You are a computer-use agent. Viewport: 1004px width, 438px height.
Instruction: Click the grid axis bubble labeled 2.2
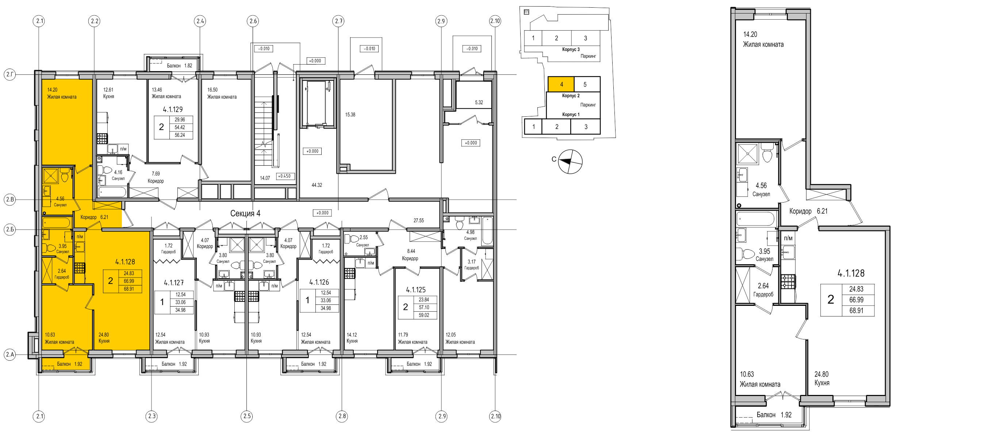click(x=94, y=21)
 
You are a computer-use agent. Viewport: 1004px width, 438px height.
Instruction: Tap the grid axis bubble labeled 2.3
click(x=152, y=416)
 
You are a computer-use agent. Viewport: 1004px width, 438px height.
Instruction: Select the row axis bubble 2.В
click(x=10, y=200)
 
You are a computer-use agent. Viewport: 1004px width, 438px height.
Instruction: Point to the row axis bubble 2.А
click(x=10, y=355)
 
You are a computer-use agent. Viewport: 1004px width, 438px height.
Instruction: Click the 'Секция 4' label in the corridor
click(x=245, y=213)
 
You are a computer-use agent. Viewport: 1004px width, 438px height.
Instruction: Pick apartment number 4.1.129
click(x=173, y=109)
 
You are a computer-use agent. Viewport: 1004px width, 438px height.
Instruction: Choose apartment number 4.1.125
click(x=416, y=289)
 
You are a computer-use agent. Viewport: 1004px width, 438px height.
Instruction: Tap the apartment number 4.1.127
click(x=174, y=283)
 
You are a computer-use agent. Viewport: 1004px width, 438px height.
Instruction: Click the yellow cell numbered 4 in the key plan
click(x=561, y=84)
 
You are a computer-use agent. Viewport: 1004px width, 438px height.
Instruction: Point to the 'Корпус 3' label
click(x=571, y=50)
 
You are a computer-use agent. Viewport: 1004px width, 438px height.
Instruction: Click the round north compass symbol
click(x=570, y=161)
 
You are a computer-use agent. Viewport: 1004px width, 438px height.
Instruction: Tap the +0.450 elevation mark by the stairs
click(x=284, y=176)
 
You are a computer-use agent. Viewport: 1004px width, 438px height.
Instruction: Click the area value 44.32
click(x=317, y=185)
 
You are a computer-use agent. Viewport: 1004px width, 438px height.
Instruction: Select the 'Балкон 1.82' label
click(x=180, y=65)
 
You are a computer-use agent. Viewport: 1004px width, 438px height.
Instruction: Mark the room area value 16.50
click(x=212, y=90)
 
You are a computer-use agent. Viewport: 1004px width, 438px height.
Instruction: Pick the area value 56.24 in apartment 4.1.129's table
click(x=180, y=135)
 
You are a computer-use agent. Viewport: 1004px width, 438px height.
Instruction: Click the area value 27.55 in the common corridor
click(x=419, y=220)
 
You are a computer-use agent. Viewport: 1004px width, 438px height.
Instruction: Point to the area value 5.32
click(x=479, y=103)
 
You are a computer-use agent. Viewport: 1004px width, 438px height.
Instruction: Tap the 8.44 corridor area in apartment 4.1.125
click(x=411, y=251)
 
